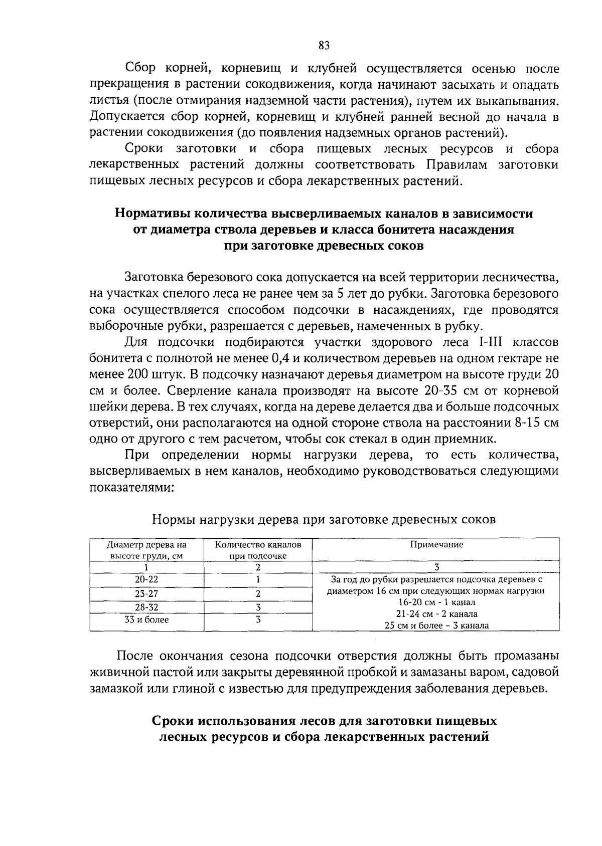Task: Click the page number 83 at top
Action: tap(324, 46)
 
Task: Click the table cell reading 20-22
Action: tap(146, 579)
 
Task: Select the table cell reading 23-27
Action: tap(146, 594)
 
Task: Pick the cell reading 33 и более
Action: tap(146, 620)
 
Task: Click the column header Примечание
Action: tap(436, 545)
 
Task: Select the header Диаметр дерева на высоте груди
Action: tap(146, 550)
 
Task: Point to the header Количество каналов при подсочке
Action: tap(258, 550)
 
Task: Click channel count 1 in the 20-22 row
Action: tap(258, 579)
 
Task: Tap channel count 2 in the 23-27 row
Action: tap(258, 594)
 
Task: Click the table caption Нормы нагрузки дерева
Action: tap(324, 519)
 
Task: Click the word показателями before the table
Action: tap(131, 488)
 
